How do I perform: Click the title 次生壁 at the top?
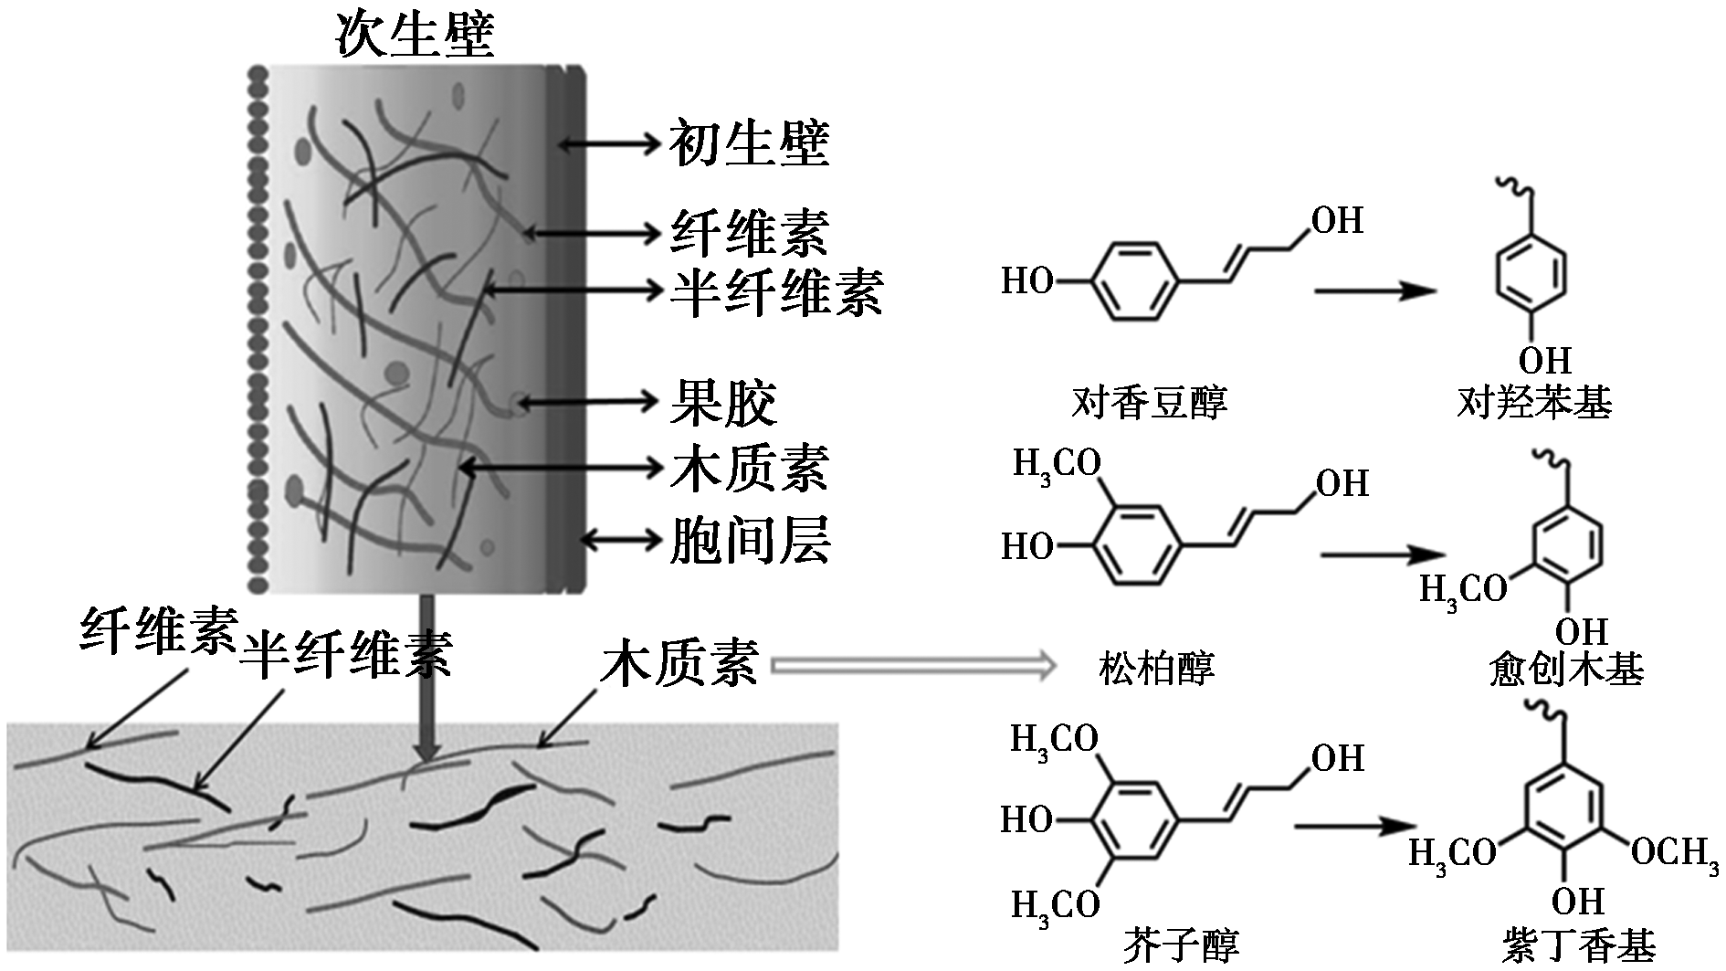tap(416, 35)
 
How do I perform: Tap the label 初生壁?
tap(749, 144)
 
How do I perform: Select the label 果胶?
tap(722, 402)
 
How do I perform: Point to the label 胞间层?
tap(749, 541)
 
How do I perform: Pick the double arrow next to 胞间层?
tap(620, 540)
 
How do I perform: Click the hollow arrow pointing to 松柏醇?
tap(913, 665)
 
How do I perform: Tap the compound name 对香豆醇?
tap(1150, 402)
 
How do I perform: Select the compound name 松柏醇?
tap(1156, 670)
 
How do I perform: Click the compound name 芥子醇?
tap(1180, 945)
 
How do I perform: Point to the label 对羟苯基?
tap(1534, 402)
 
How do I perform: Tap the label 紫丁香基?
tap(1578, 945)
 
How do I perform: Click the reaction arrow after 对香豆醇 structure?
tap(1374, 292)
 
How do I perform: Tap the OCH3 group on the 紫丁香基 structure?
tap(1674, 851)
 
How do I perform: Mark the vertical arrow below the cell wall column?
tap(426, 676)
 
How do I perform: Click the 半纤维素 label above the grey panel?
tap(347, 654)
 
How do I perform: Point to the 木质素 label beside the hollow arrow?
tap(679, 663)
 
